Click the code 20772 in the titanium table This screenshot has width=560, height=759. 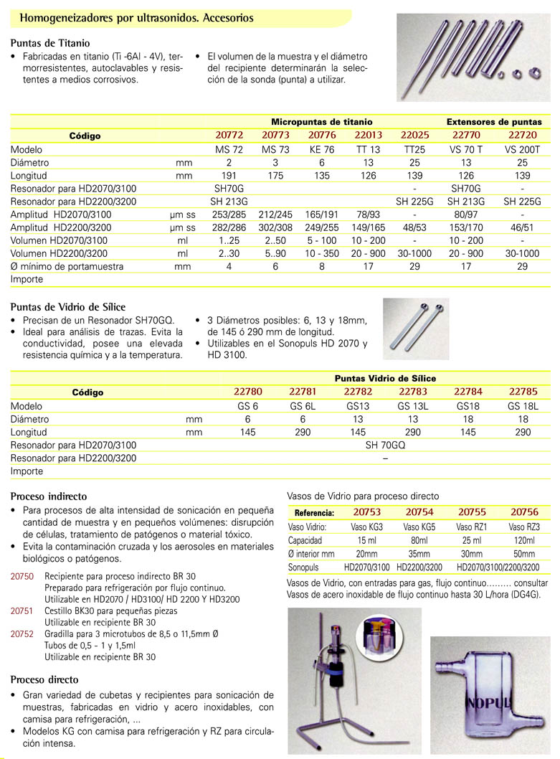point(229,135)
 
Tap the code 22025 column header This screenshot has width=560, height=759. point(414,135)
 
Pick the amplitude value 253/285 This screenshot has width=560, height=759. point(229,214)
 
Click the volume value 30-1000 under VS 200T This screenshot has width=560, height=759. point(522,253)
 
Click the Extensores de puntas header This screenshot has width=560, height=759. point(494,122)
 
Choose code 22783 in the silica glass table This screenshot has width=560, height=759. point(412,392)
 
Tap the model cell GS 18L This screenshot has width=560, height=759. point(523,405)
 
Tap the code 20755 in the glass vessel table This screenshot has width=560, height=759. point(473,512)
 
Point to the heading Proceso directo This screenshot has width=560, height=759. point(44,679)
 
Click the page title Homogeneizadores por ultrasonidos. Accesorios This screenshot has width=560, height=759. point(136,17)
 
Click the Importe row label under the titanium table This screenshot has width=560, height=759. point(27,279)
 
